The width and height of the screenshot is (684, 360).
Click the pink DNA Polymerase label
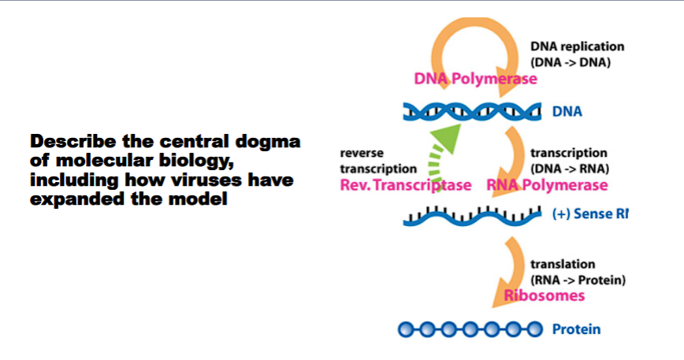475,79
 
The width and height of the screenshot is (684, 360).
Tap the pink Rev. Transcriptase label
405,185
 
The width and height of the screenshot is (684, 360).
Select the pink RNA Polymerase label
547,185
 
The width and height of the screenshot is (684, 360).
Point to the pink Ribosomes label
544,295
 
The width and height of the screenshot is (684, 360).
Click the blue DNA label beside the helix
567,112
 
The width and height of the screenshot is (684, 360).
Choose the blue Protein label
576,329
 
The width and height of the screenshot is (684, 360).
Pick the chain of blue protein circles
470,329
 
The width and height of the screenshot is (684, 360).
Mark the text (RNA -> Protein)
578,279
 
